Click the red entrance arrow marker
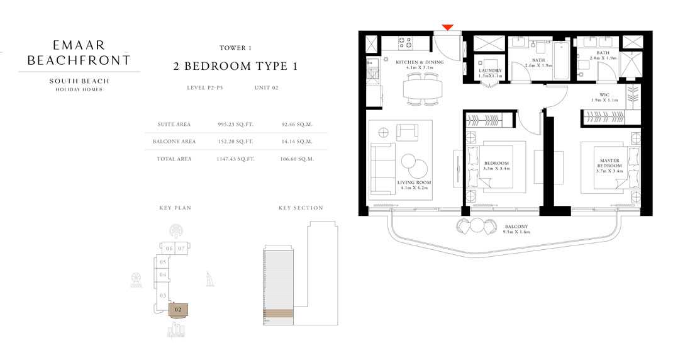(x=447, y=27)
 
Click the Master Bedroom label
(x=609, y=166)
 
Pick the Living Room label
(x=413, y=184)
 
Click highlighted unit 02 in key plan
(x=178, y=309)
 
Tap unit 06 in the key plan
(x=169, y=249)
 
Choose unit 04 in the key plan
(x=162, y=274)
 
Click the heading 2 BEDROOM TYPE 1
(x=235, y=66)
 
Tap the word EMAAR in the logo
(x=79, y=45)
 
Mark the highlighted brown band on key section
(x=277, y=313)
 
